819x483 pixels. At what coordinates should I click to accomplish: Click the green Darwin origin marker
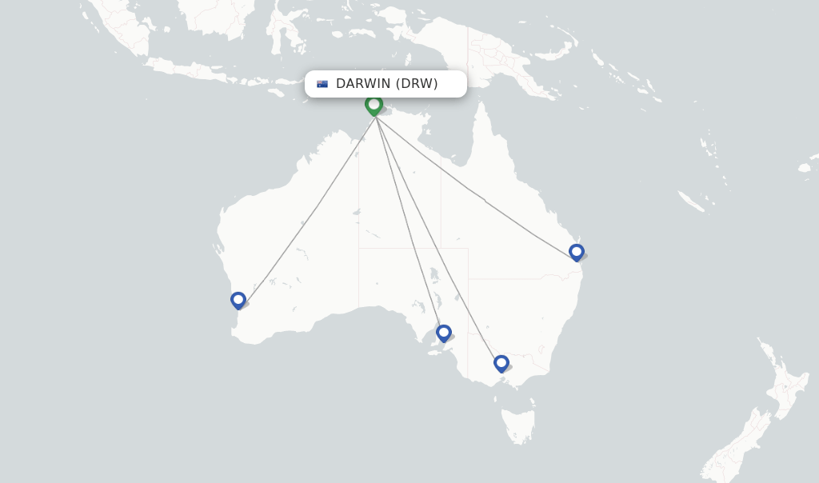pos(374,105)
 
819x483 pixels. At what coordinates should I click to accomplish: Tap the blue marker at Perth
pos(238,301)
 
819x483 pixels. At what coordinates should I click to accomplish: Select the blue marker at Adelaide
pos(444,333)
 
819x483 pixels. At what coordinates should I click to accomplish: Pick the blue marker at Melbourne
pos(501,363)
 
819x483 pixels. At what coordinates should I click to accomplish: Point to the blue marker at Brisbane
pos(577,252)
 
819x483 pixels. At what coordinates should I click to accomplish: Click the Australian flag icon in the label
pos(322,84)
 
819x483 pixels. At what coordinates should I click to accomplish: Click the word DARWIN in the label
pos(363,84)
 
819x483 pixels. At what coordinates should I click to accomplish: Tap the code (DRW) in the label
pos(417,84)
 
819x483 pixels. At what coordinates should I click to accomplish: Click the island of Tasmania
pos(518,424)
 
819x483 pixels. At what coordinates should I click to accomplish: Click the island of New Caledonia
pos(692,201)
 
